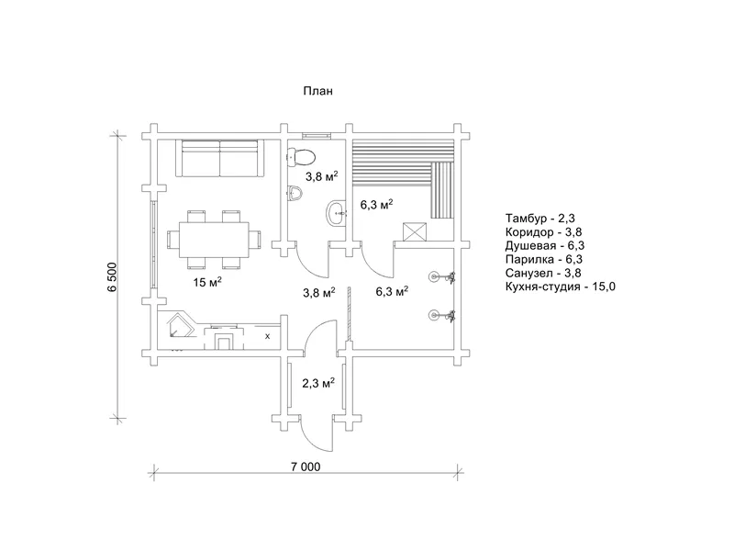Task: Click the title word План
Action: [317, 91]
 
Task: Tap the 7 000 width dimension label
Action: [306, 467]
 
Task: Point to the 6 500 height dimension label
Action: [112, 277]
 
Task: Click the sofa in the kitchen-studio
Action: [219, 158]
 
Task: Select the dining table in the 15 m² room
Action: [214, 240]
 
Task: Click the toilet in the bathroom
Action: [301, 156]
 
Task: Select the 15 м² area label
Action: [207, 282]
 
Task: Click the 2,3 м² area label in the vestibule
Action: [318, 383]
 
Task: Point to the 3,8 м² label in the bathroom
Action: [322, 176]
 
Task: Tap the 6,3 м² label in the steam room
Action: [376, 204]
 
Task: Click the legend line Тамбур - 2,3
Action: [539, 218]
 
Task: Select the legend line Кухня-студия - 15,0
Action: [561, 287]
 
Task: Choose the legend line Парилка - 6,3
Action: [544, 259]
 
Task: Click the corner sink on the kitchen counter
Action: [180, 326]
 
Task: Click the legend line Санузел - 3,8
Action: [543, 273]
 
